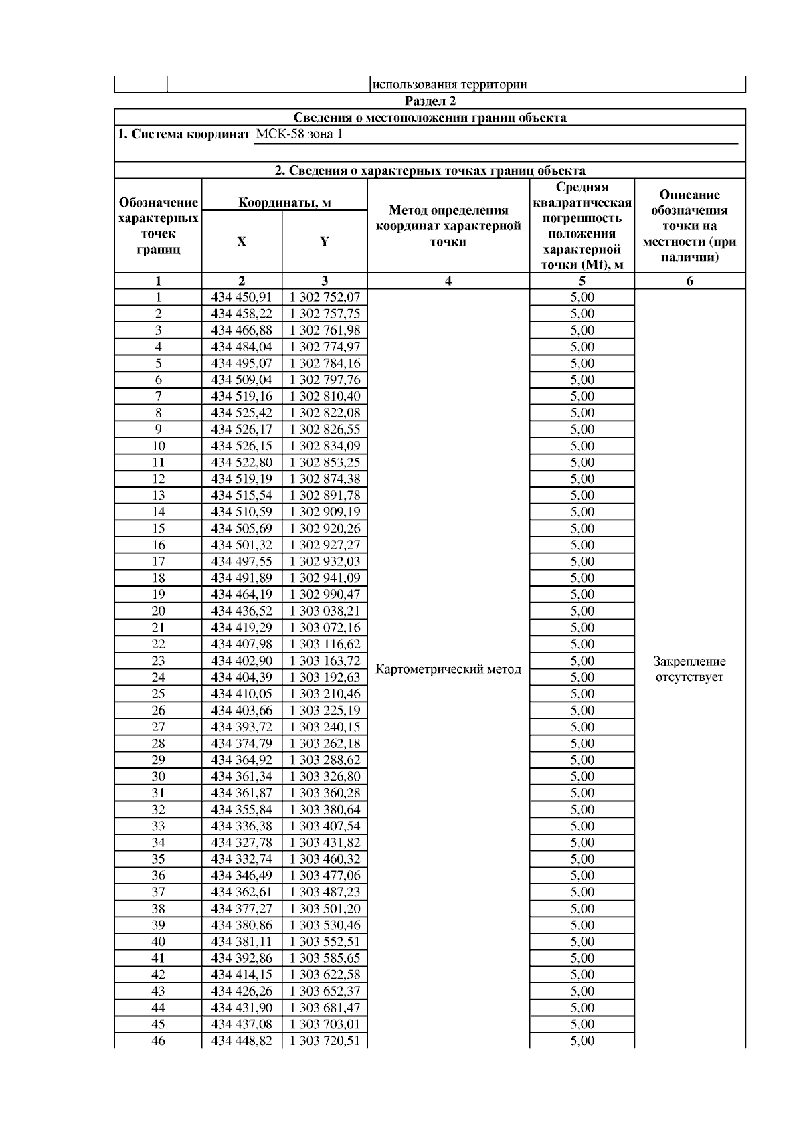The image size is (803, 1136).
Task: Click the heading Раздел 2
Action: (430, 101)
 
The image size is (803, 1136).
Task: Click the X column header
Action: (242, 242)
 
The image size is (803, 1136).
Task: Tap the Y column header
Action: (325, 242)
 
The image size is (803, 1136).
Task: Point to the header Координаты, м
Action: (284, 203)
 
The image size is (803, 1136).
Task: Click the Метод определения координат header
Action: (448, 225)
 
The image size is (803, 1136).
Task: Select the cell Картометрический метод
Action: (448, 669)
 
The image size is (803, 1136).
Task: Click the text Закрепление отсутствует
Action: (689, 669)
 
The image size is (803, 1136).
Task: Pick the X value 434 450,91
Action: (242, 297)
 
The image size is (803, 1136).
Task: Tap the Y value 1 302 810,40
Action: (325, 396)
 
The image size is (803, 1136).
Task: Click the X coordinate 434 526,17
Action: (242, 430)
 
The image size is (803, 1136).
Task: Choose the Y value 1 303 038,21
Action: (325, 611)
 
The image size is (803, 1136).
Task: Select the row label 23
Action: (158, 660)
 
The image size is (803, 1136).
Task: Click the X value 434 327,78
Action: (242, 842)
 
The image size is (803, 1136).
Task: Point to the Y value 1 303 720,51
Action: (325, 1040)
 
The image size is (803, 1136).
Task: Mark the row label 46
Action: (158, 1040)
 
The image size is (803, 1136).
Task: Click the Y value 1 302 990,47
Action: (325, 594)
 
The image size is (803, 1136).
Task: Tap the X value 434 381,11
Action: (242, 941)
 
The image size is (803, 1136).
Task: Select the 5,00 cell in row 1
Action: (582, 297)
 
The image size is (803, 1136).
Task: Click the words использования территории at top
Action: (449, 84)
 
